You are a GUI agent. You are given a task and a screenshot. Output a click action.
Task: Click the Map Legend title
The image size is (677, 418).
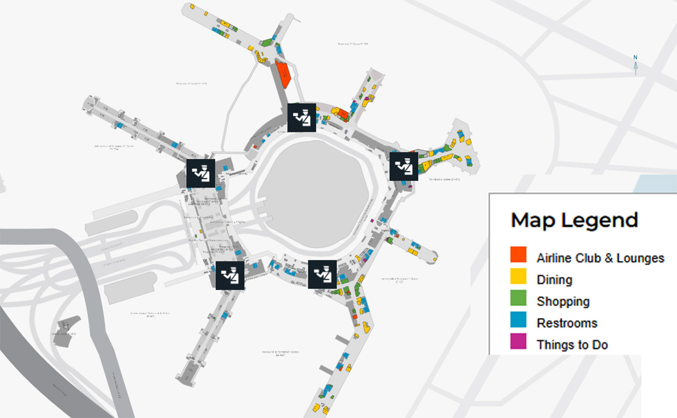coord(574,220)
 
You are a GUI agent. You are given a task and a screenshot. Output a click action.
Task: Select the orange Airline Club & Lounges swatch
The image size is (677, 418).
coord(518,255)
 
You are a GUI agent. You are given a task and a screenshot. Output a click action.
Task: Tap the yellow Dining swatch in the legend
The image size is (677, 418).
coord(518,277)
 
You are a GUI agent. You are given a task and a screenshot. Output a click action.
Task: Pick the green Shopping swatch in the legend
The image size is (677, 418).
coord(518,298)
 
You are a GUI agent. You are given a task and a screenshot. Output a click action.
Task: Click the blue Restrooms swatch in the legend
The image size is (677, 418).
coord(518,320)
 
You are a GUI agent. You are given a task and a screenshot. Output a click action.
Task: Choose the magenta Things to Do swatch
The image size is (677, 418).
coord(518,342)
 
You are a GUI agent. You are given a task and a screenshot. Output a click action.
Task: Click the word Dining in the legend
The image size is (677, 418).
coord(554,280)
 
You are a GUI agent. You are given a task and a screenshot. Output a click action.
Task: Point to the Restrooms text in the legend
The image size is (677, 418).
coord(566,323)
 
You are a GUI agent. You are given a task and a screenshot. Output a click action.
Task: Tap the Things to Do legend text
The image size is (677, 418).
coord(572,345)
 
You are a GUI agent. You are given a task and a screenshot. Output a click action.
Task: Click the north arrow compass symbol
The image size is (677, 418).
coord(636,65)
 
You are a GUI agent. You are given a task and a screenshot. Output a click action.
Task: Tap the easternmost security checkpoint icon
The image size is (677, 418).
coord(404,167)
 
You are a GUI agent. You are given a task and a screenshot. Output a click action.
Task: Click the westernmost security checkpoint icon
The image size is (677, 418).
coord(201,173)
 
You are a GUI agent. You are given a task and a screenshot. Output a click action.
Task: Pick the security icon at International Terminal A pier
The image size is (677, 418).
coord(230,275)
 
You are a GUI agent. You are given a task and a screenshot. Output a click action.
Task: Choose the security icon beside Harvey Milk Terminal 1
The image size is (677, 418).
coord(323,274)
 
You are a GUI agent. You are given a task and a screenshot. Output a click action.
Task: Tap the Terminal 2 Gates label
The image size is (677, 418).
coord(444,180)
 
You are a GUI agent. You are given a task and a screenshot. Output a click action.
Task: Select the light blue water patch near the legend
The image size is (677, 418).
coord(656,183)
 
